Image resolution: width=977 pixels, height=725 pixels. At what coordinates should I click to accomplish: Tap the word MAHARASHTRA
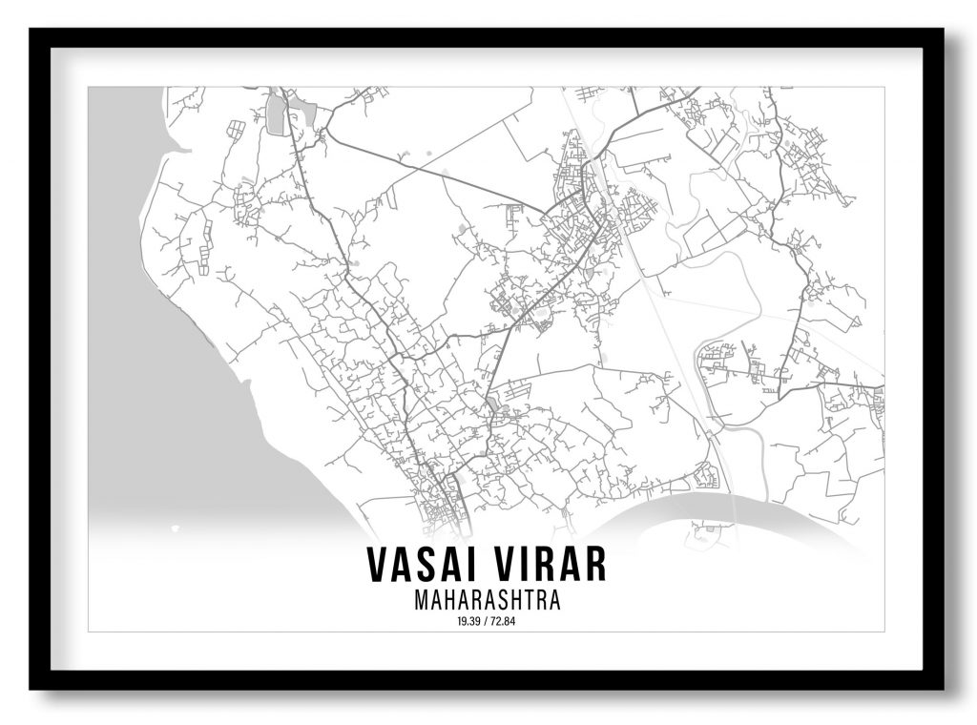click(x=487, y=601)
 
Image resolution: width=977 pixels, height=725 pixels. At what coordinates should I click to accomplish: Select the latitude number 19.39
click(x=468, y=621)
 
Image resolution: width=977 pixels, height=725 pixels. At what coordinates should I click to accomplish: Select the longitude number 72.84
click(x=505, y=621)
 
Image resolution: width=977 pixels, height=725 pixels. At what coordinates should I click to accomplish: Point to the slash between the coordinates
click(x=487, y=621)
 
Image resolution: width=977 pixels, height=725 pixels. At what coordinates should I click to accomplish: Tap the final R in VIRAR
click(x=595, y=565)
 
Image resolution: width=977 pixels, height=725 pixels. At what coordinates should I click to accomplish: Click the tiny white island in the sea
click(x=175, y=527)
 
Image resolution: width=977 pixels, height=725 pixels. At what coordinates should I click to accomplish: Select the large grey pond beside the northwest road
click(x=276, y=114)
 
